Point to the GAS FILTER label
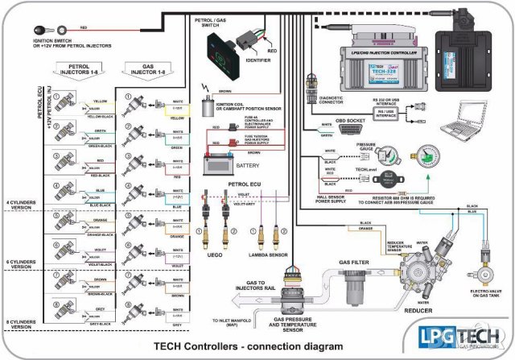(354, 263)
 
